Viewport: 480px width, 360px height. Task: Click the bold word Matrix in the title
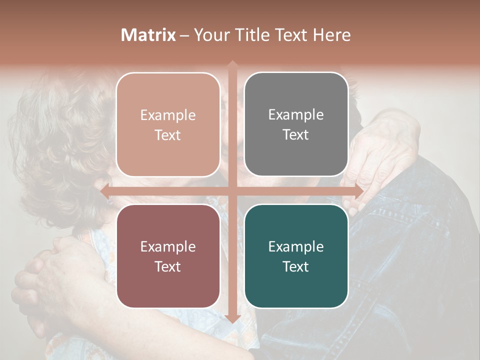pos(148,35)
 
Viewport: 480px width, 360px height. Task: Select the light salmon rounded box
pos(168,124)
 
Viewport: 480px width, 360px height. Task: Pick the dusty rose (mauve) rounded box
pos(168,256)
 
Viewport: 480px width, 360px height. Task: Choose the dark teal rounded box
pos(296,256)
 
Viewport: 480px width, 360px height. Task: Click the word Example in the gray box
pos(296,114)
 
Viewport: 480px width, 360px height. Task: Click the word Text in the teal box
pos(296,266)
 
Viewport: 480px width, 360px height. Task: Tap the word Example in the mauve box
pos(168,246)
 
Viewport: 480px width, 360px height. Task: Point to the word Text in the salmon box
pos(168,135)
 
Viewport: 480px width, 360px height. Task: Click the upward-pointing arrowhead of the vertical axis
pos(232,64)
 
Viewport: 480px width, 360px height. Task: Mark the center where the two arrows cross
pos(232,190)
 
